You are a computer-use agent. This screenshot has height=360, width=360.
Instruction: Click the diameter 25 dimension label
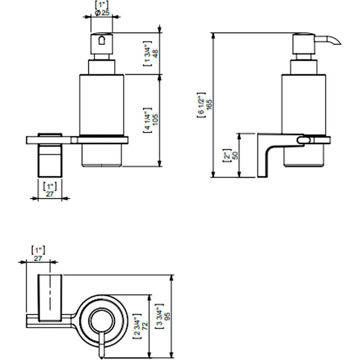pos(102,13)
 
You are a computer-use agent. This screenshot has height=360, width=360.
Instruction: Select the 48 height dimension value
pos(155,53)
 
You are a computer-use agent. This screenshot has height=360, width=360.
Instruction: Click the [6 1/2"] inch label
pos(201,113)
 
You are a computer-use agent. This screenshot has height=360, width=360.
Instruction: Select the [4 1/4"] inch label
pos(148,120)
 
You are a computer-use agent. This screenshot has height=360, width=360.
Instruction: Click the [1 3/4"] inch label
pos(148,53)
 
